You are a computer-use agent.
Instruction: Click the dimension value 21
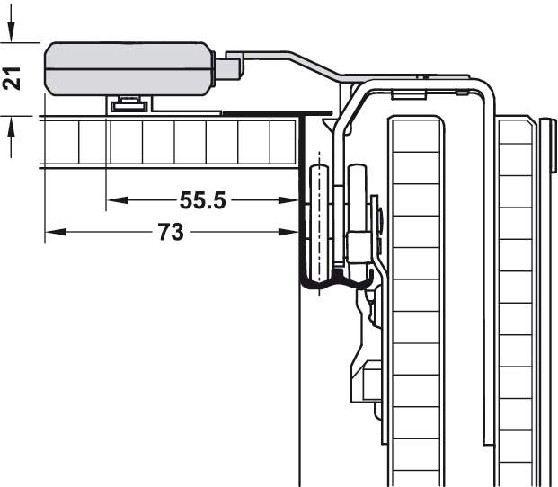pos(11,78)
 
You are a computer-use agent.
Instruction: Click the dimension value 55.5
pos(202,200)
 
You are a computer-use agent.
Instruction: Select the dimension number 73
pos(171,232)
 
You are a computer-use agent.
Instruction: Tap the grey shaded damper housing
pos(129,69)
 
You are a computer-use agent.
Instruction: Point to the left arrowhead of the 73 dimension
pos(56,232)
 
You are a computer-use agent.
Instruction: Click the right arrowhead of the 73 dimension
pos(288,232)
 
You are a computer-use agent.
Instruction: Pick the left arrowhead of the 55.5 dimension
pos(117,200)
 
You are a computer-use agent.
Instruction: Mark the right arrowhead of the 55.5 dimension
pos(288,200)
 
